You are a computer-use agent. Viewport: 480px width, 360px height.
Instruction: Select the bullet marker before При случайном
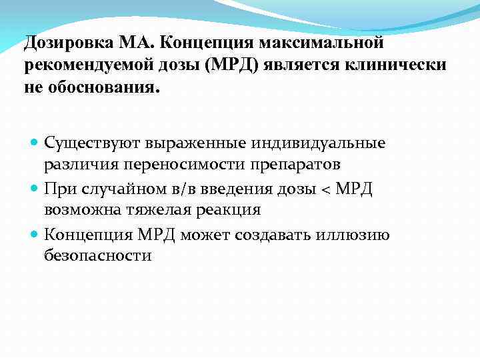(x=35, y=189)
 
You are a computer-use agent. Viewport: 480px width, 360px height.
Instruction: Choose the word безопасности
(x=98, y=256)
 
